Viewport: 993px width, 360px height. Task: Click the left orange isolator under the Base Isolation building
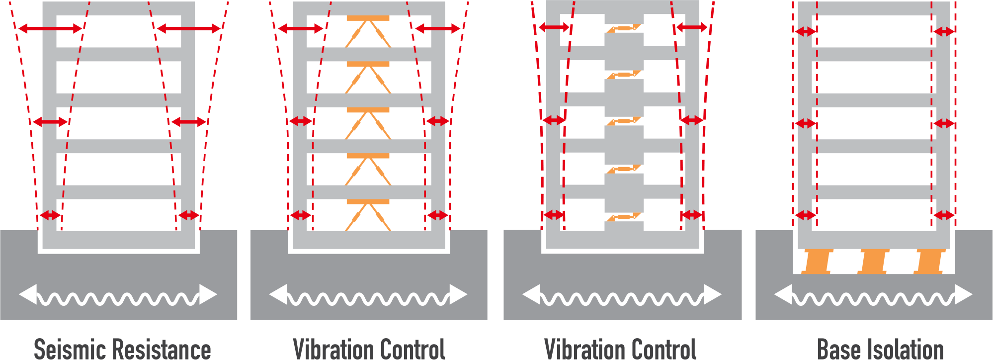click(817, 262)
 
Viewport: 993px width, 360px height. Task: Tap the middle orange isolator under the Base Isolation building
click(873, 262)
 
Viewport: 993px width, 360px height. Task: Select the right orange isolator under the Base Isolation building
click(928, 262)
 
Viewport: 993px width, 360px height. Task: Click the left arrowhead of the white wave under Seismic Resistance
click(28, 294)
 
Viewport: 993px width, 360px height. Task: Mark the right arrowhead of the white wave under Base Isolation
click(963, 294)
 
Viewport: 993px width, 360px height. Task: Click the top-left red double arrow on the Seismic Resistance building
click(50, 29)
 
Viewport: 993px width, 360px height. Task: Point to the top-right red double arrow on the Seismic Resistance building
click(188, 29)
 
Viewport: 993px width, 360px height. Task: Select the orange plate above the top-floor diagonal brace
click(368, 18)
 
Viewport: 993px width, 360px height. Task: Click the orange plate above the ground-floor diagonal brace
click(368, 202)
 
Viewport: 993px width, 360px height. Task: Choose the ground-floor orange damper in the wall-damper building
click(624, 217)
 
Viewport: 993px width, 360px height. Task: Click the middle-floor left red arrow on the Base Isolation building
click(805, 123)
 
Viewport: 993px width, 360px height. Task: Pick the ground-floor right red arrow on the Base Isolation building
click(943, 215)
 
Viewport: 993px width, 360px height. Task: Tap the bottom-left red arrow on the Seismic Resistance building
click(50, 215)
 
